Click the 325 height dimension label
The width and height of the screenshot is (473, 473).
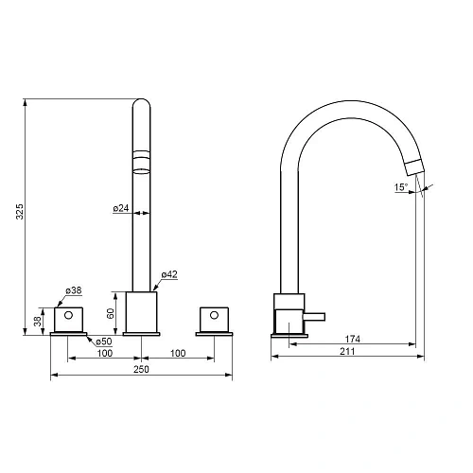tap(20, 212)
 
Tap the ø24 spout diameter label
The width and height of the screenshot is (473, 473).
tap(121, 208)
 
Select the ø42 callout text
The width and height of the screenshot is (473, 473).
tap(169, 274)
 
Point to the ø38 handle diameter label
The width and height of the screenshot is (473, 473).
tap(74, 290)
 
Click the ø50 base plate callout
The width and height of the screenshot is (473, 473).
tap(104, 342)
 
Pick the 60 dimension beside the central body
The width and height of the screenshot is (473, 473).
tap(111, 313)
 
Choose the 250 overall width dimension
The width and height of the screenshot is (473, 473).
tap(141, 369)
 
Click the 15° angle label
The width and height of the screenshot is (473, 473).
tap(401, 187)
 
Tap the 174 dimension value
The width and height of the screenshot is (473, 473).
tap(352, 339)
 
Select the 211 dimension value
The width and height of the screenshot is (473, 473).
tap(347, 351)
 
